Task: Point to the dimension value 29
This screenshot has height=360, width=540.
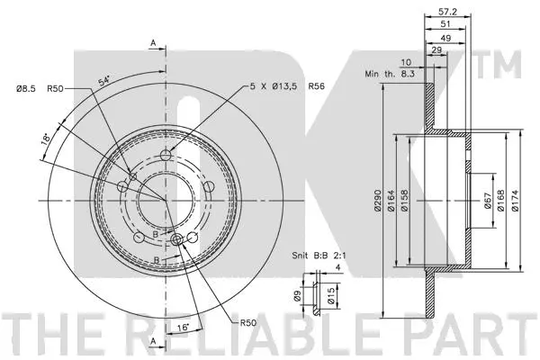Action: [x=436, y=52]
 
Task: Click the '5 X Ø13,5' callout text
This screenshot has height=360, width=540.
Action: [x=274, y=86]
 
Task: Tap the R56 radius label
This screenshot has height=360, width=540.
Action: [x=316, y=86]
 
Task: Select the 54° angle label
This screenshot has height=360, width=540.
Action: [x=105, y=83]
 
